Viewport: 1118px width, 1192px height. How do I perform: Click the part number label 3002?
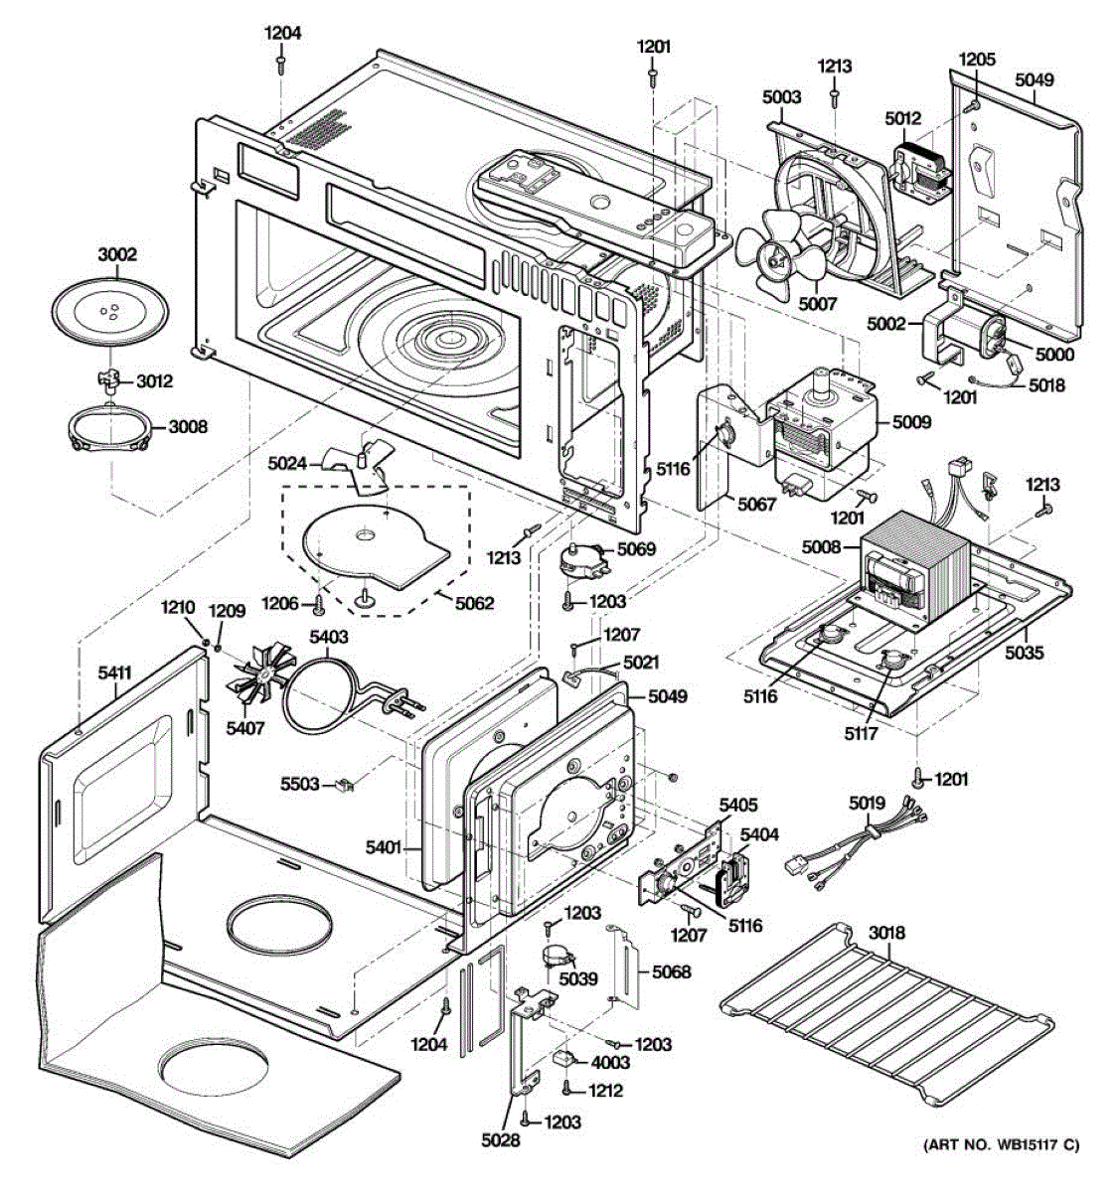[116, 255]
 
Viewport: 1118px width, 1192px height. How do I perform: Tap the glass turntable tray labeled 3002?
[110, 315]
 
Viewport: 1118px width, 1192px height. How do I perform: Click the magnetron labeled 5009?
[820, 427]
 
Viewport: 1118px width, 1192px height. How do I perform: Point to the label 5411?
[114, 673]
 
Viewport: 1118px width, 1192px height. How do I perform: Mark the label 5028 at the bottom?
[500, 1140]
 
